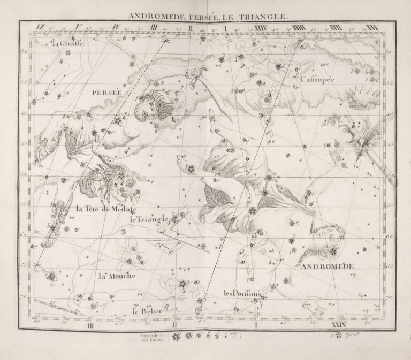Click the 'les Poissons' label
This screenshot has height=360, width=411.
click(x=242, y=293)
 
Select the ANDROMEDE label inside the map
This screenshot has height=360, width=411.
click(x=327, y=266)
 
